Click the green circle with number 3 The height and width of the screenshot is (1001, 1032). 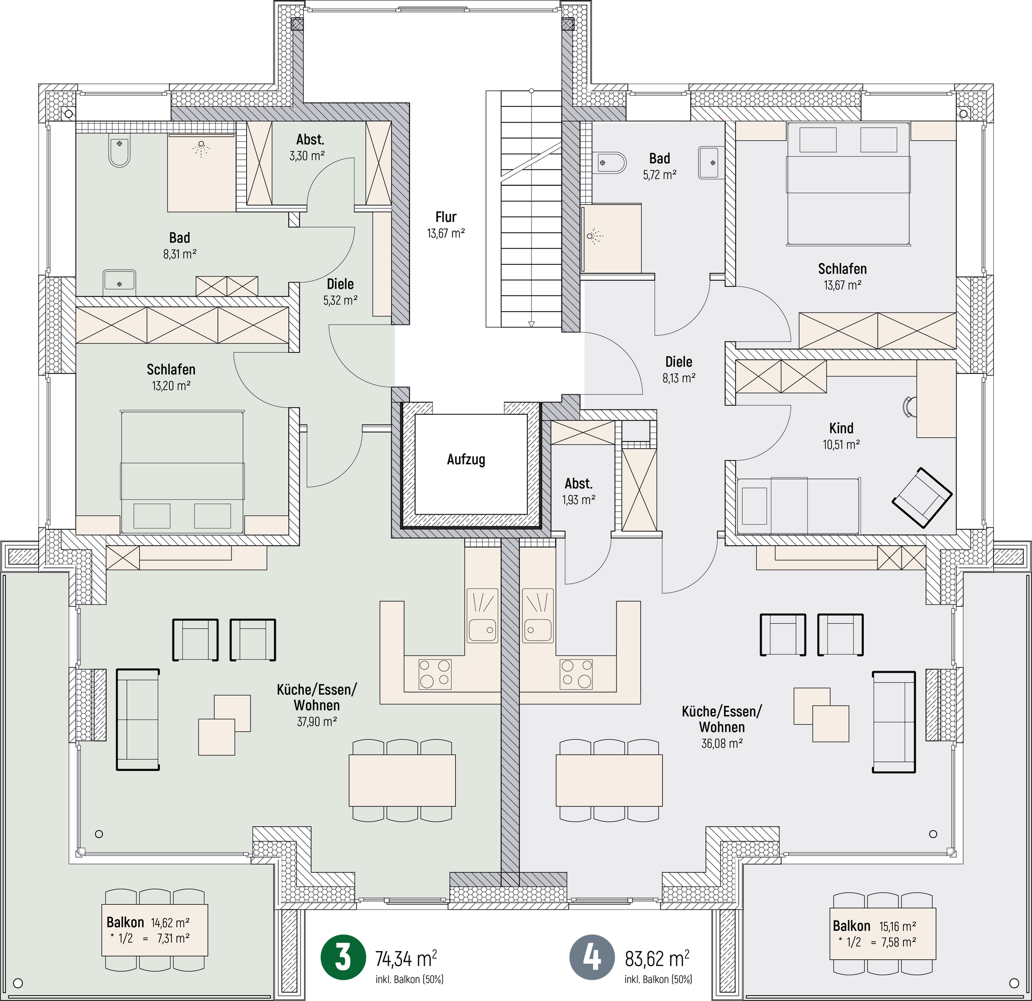(343, 957)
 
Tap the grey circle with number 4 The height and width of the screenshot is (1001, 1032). (592, 957)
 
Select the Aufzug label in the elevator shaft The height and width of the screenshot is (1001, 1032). (466, 459)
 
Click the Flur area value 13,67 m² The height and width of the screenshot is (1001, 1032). (446, 233)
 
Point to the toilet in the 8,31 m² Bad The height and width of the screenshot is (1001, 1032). (119, 152)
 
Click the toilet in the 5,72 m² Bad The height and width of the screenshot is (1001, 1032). (610, 163)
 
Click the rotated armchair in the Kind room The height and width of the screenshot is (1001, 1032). (922, 498)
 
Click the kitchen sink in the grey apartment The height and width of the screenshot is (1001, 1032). (537, 615)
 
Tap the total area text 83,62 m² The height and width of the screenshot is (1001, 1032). (657, 958)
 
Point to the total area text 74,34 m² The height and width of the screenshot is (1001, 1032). (406, 958)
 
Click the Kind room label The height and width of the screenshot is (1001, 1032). (841, 428)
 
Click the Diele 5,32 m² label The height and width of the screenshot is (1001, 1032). (340, 292)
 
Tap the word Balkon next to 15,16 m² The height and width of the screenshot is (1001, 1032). (851, 926)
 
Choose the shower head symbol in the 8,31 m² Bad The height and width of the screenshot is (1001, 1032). (201, 148)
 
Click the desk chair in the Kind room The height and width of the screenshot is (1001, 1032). (909, 407)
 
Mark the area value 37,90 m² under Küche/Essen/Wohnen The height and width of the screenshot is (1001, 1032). (317, 722)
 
